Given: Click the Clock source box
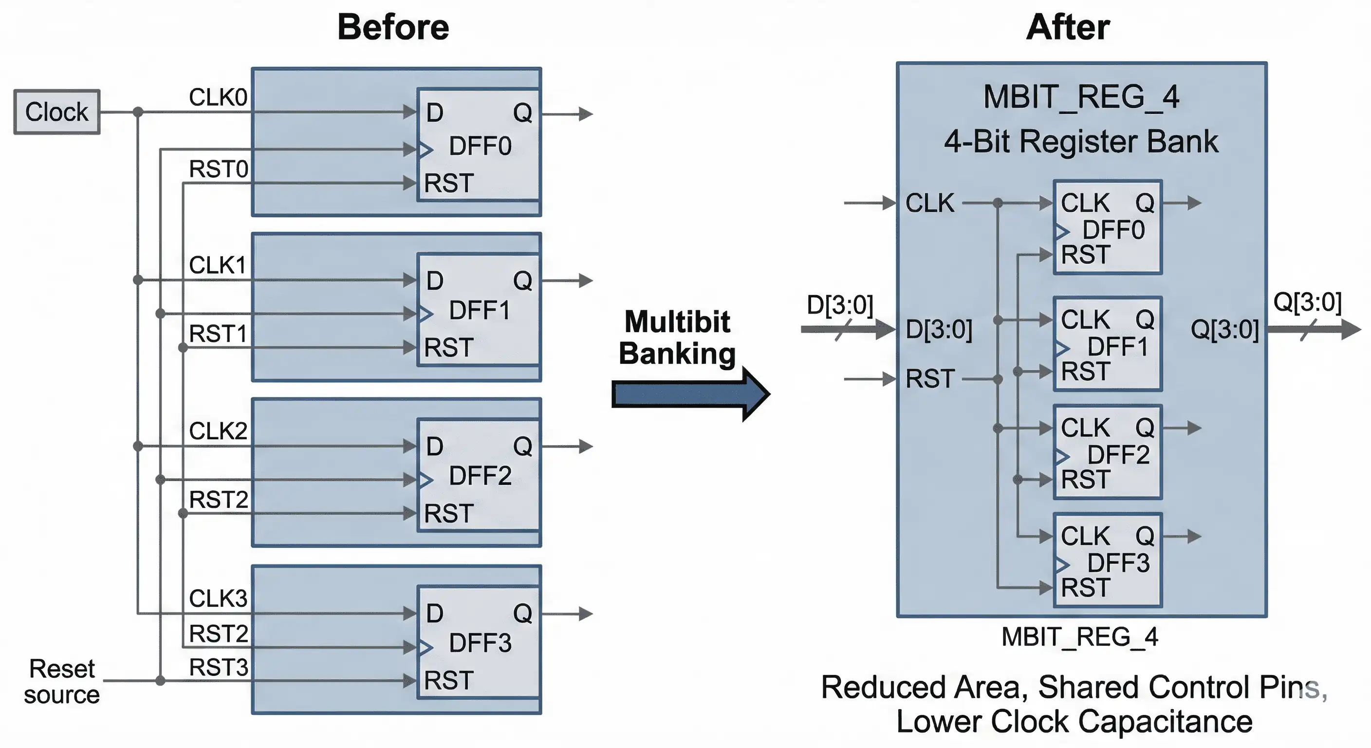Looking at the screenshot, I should click(x=56, y=112).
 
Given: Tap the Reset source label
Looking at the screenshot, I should click(x=62, y=681).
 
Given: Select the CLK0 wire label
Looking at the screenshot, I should click(x=218, y=97).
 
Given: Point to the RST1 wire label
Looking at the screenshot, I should click(x=218, y=334).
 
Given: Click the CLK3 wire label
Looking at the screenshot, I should click(x=218, y=598).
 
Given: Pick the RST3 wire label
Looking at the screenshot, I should click(x=218, y=668).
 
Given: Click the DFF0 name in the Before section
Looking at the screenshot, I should click(x=480, y=146).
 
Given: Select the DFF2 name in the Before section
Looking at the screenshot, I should click(x=480, y=475).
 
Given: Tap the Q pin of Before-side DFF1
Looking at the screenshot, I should click(x=522, y=280).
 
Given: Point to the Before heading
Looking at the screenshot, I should click(x=393, y=27).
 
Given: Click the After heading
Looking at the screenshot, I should click(x=1068, y=27).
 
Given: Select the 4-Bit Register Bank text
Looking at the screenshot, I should click(x=1081, y=142).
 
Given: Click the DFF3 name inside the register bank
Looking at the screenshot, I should click(x=1118, y=563).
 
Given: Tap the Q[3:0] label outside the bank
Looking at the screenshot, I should click(x=1307, y=302).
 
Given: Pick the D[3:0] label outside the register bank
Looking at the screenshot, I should click(x=840, y=305).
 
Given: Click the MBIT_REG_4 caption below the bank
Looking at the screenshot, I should click(x=1079, y=637).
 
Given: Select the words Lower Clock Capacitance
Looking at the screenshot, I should click(x=1074, y=722).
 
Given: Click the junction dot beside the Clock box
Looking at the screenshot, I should click(x=138, y=112).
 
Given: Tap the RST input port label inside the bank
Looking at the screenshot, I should click(x=930, y=379).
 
